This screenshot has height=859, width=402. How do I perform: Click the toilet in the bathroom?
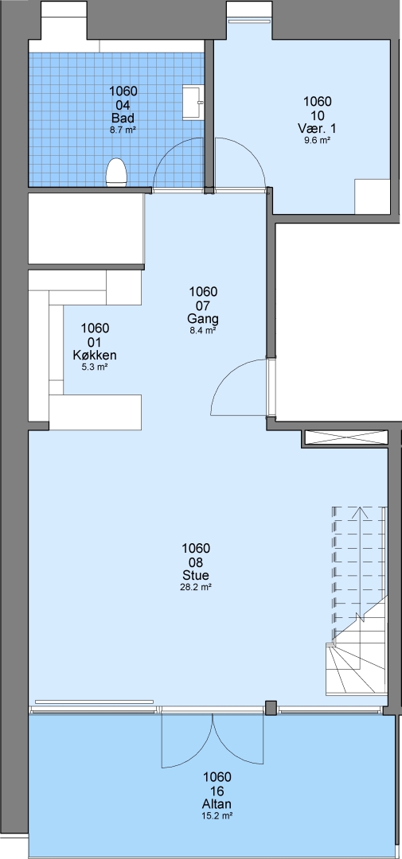pos(116,173)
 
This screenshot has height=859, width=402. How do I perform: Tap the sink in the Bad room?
pos(193,101)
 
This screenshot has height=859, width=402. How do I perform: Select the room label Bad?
pos(123,118)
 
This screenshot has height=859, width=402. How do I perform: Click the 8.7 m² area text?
pos(123,130)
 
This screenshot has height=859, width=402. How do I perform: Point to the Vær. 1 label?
pos(317,128)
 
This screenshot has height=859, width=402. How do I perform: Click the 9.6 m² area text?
pos(317,140)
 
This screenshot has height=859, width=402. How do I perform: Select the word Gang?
pos(203,319)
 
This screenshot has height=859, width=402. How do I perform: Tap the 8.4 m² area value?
pos(203,330)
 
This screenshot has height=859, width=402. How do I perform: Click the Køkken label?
pos(94,355)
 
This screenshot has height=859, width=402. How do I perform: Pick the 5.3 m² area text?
pos(94,367)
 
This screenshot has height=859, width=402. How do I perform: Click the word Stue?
pos(197,575)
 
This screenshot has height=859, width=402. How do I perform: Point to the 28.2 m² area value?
pos(197,587)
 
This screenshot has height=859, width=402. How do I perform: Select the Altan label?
pos(217,803)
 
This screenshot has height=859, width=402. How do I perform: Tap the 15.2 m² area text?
pos(217,816)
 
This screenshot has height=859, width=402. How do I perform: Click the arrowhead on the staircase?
pos(360,511)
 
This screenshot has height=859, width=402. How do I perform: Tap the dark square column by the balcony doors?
pos(271,707)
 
